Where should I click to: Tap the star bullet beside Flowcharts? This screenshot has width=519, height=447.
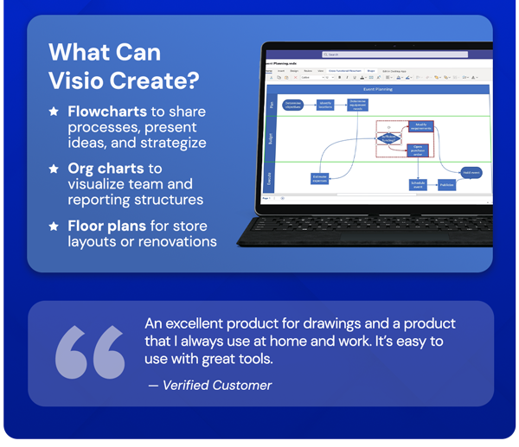pos(54,112)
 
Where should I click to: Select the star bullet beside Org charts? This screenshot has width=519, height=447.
pos(54,169)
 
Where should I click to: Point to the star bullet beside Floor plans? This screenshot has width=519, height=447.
pos(54,226)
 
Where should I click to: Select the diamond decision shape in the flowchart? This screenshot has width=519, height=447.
pos(389,137)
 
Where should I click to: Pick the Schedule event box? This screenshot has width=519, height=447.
pos(419,184)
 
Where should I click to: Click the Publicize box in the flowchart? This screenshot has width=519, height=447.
pos(446,184)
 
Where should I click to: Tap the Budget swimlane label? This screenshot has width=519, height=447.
pos(269,138)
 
